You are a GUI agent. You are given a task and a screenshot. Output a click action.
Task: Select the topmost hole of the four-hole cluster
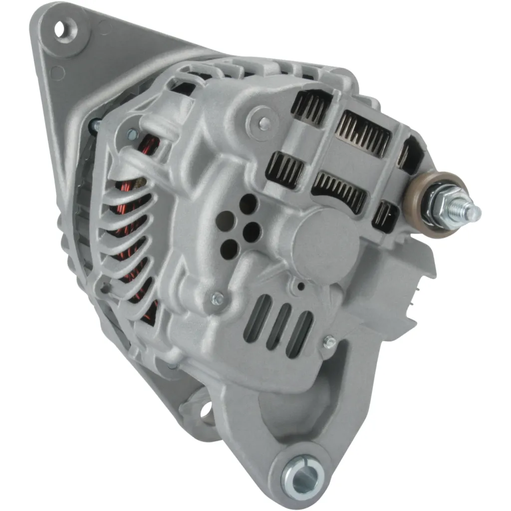coord(248,204)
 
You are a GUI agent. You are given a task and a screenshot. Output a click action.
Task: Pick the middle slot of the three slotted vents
coord(279,327)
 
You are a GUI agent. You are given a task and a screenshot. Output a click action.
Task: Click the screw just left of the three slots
coord(218,299)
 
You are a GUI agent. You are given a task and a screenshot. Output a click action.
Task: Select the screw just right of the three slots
coord(329,342)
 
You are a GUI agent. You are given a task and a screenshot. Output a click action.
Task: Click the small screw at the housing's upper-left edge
coord(132,134)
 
